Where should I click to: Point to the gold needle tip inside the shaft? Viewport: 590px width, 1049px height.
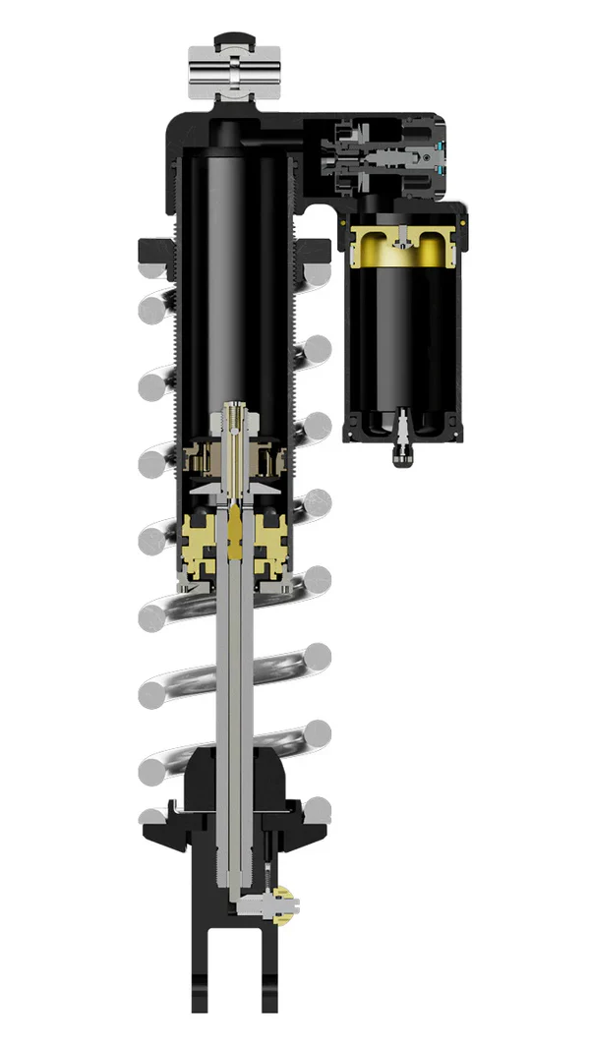tap(236, 536)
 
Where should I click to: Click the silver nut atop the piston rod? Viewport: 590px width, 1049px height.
tap(236, 418)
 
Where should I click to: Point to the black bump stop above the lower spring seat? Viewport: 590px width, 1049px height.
tap(236, 777)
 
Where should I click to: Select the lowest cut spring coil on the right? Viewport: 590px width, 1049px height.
tap(318, 810)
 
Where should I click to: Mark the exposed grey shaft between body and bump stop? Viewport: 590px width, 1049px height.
tap(236, 669)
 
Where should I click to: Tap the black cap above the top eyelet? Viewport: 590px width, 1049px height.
tap(234, 39)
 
